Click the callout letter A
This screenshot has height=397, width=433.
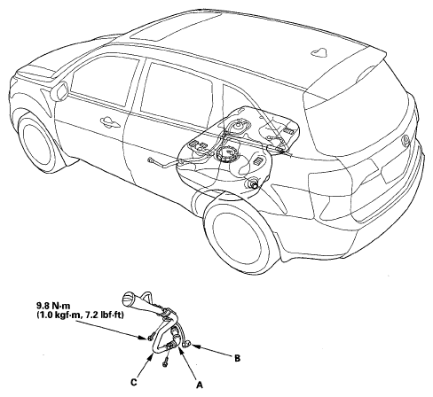tap(200, 385)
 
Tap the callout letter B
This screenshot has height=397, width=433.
tap(237, 358)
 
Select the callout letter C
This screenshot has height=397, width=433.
tap(134, 382)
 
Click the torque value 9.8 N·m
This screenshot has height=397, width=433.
tap(53, 307)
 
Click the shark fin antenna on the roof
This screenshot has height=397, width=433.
tap(319, 51)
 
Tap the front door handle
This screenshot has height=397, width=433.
tap(110, 121)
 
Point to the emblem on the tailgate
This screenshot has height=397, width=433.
tap(405, 141)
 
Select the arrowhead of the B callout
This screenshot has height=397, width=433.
tap(193, 345)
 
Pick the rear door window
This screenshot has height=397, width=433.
tap(177, 90)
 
